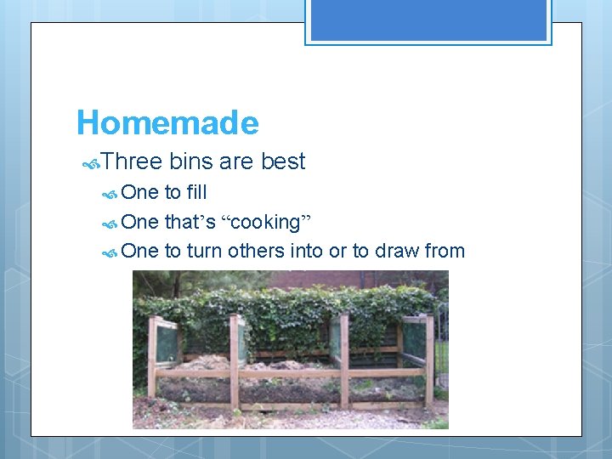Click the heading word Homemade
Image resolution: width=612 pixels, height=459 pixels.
pyautogui.click(x=167, y=123)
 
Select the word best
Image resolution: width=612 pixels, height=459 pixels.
pyautogui.click(x=283, y=161)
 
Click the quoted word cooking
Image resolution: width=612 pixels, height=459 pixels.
pyautogui.click(x=266, y=223)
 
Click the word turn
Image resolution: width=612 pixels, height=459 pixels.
pyautogui.click(x=205, y=251)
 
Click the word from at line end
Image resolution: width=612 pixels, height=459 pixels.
pyautogui.click(x=445, y=251)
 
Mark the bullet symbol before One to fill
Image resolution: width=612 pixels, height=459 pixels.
pyautogui.click(x=110, y=194)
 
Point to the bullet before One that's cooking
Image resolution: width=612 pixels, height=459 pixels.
pyautogui.click(x=110, y=224)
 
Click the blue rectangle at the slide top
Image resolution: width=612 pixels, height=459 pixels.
pyautogui.click(x=428, y=20)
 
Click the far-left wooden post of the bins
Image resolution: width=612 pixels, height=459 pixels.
pyautogui.click(x=152, y=357)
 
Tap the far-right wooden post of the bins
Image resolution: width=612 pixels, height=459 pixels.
pyautogui.click(x=429, y=357)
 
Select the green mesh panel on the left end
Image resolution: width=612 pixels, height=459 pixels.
pyautogui.click(x=167, y=344)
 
